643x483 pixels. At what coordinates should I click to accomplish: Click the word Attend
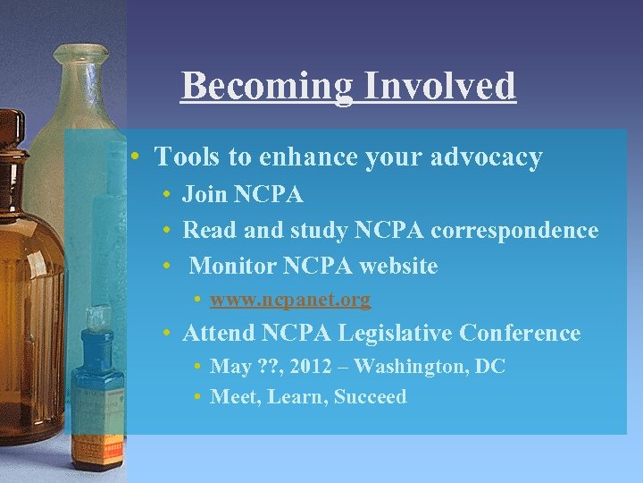(x=219, y=334)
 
